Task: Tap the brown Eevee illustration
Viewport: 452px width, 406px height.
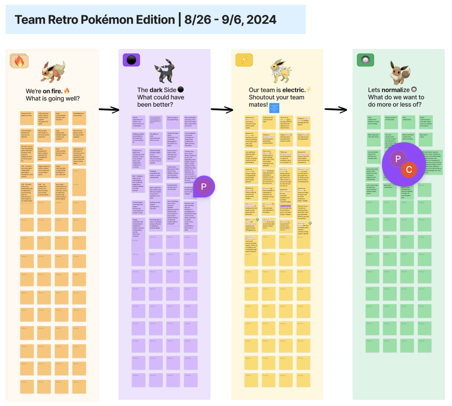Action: (x=400, y=72)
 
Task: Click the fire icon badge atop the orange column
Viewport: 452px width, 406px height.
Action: (x=19, y=61)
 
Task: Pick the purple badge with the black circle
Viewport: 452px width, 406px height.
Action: (x=131, y=60)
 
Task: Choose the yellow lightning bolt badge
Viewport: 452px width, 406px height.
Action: (x=244, y=60)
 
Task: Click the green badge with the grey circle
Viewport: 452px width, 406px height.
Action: (x=365, y=60)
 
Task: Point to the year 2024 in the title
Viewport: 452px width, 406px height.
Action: (x=261, y=20)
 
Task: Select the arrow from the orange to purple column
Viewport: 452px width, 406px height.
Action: (x=109, y=110)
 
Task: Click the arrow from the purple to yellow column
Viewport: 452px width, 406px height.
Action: (x=222, y=110)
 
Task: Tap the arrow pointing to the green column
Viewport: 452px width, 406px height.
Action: (x=335, y=110)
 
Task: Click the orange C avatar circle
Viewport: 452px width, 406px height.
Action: (x=409, y=170)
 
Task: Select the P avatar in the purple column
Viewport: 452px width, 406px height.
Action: (x=204, y=187)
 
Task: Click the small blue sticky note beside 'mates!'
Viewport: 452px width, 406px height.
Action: (x=274, y=108)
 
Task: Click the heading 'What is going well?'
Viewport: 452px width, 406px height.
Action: (x=53, y=99)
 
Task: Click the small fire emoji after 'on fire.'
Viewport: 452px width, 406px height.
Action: (x=67, y=91)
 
